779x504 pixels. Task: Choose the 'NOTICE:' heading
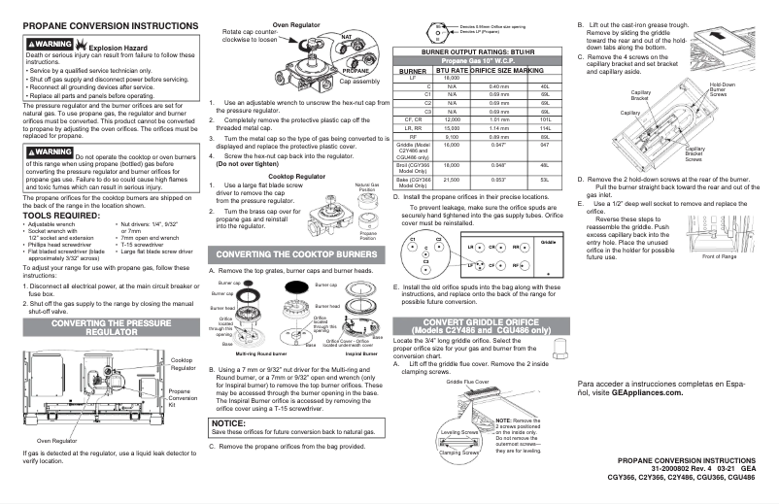point(229,424)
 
